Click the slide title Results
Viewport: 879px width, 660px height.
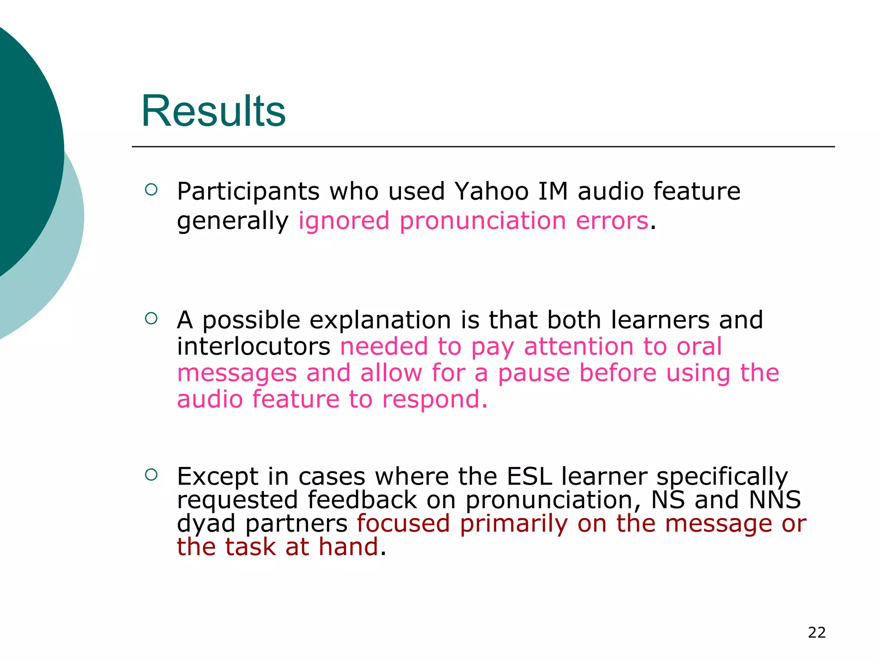pos(213,111)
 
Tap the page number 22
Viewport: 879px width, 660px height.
pos(816,632)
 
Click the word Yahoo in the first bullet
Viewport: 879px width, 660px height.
pos(491,191)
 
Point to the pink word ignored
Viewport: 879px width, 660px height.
pos(344,221)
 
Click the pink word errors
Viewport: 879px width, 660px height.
pos(612,221)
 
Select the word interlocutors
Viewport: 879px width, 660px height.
pos(254,347)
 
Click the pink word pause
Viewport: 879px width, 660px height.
pos(533,373)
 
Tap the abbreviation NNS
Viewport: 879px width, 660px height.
pos(775,500)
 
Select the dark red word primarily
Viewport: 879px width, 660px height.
pos(514,524)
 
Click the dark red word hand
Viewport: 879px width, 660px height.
pos(349,547)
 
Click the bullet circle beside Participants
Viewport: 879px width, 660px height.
pos(151,189)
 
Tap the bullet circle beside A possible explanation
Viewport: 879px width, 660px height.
pos(151,318)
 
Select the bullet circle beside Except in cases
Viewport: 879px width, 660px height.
pos(151,474)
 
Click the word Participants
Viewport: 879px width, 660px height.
pos(248,191)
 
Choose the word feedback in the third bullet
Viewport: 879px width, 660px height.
pos(362,500)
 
